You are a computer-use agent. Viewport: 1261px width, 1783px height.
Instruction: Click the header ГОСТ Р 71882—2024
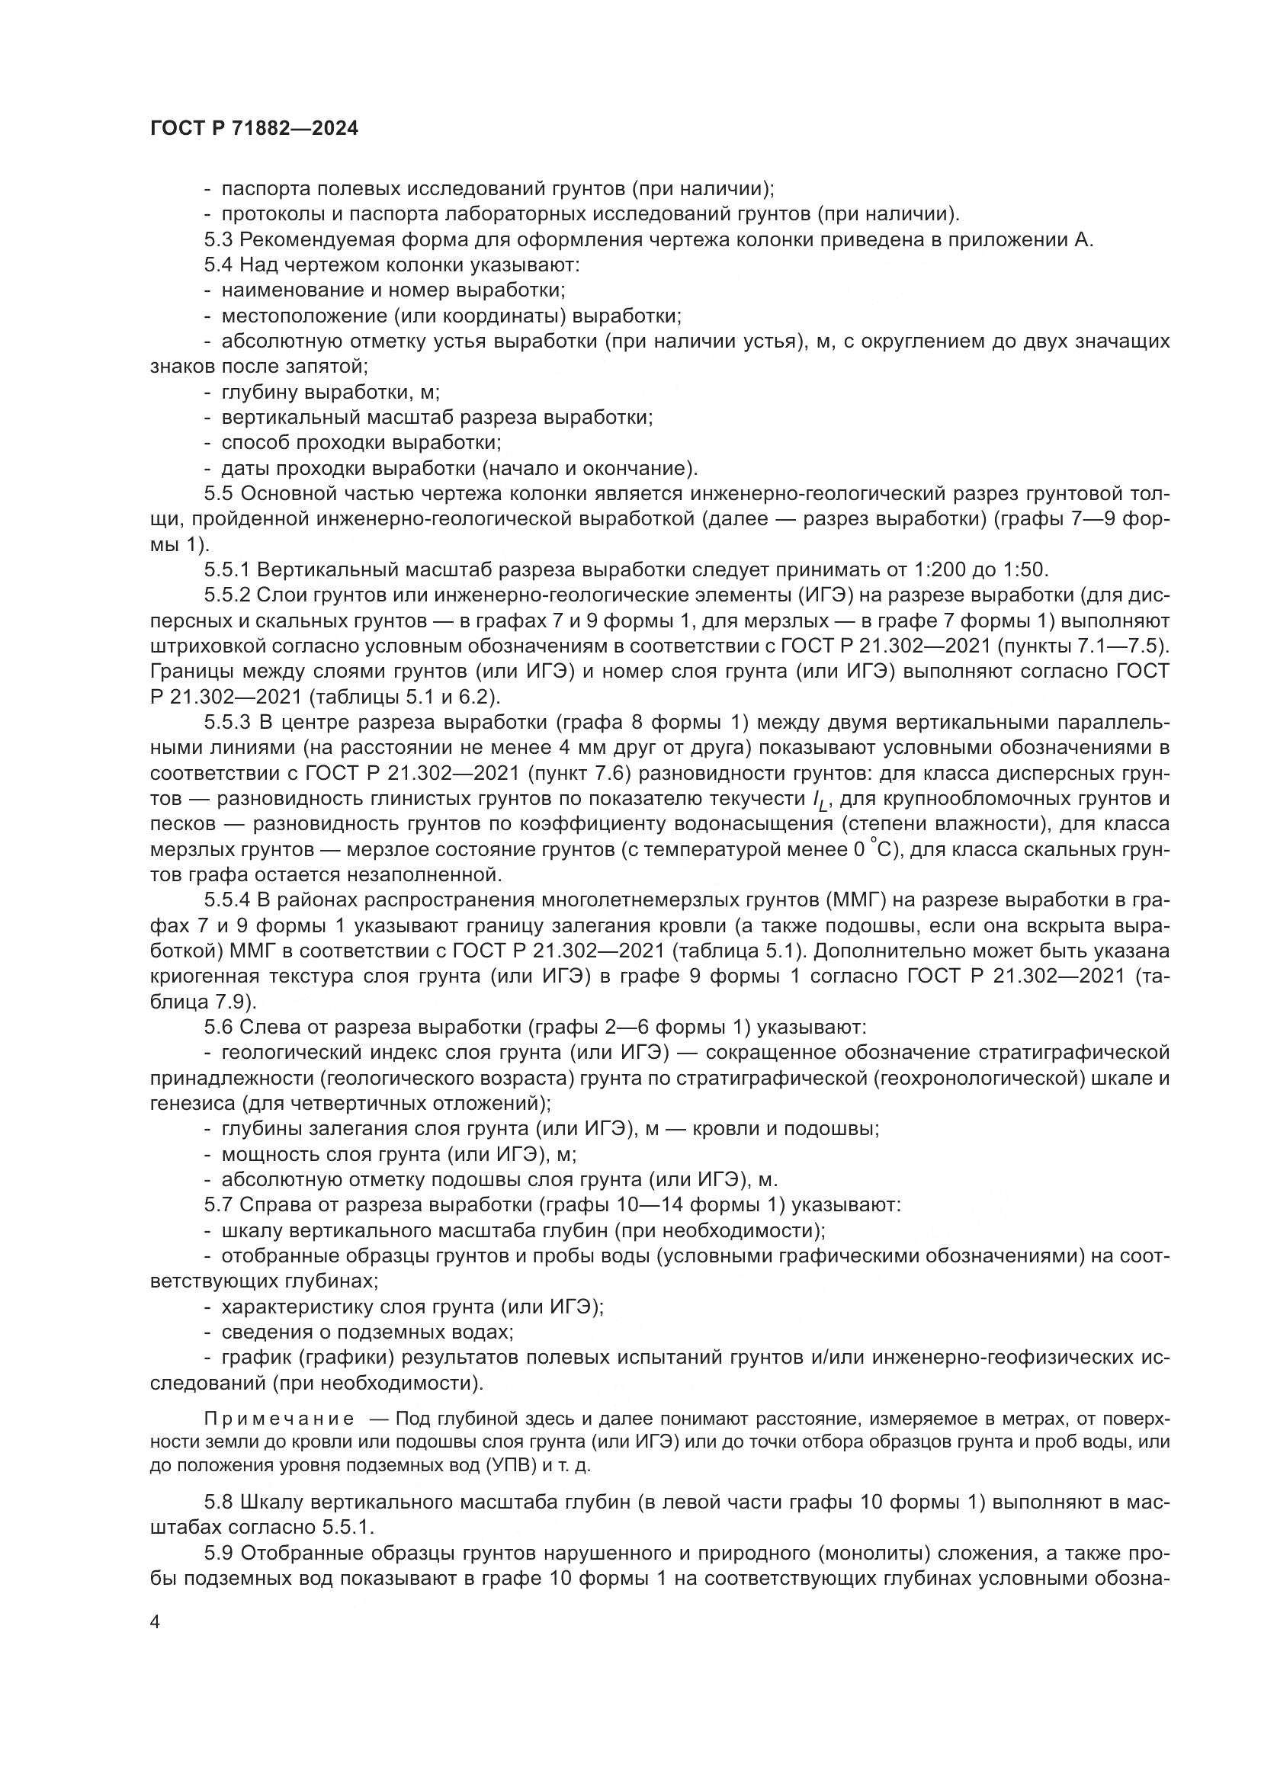pos(254,129)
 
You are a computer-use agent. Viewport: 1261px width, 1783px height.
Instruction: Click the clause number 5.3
pos(218,240)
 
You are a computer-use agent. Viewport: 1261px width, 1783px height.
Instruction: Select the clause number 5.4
pos(218,265)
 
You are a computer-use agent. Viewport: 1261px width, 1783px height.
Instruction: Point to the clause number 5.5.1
pos(226,570)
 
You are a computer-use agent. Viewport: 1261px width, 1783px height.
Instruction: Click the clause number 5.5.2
pos(226,595)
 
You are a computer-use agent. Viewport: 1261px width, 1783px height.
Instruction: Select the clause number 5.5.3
pos(226,723)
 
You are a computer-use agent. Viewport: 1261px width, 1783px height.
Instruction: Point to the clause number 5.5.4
pos(226,900)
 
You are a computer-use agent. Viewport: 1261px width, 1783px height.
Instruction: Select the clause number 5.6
pos(218,1028)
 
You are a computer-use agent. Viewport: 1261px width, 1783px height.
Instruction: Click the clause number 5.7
pos(218,1205)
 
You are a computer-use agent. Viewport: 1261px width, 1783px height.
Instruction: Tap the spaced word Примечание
pos(279,1419)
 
